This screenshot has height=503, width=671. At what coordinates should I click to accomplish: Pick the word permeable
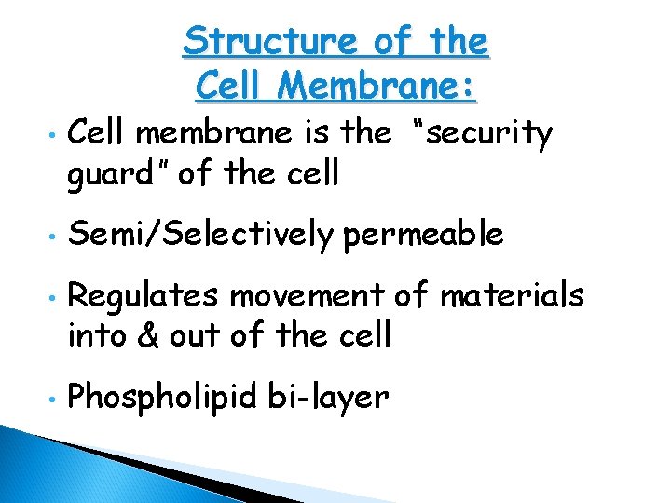424,236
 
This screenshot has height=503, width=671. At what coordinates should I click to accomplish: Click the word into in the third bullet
97,333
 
